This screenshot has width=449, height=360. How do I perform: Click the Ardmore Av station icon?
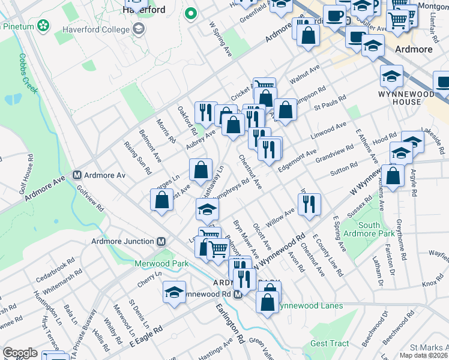[77, 175]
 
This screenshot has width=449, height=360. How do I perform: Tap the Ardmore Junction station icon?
[160, 242]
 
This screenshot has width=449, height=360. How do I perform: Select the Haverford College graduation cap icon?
[139, 29]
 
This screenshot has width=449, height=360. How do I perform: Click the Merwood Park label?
[161, 263]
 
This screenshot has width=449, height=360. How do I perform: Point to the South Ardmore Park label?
[378, 229]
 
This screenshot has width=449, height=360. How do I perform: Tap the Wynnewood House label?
[399, 98]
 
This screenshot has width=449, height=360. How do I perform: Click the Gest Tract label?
[329, 344]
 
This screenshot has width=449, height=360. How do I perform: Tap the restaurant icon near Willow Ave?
[309, 204]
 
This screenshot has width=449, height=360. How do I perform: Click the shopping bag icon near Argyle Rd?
[393, 176]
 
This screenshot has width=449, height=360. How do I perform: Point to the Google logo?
[20, 353]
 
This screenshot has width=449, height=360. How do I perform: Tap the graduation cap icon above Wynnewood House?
[391, 77]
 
